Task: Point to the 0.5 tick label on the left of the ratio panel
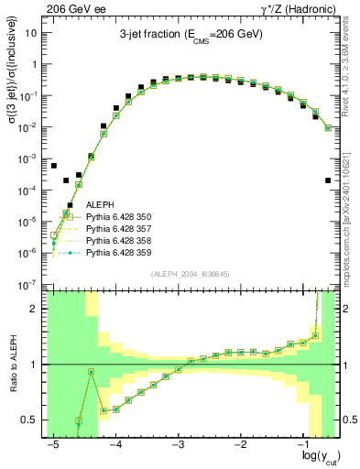pyautogui.click(x=31, y=420)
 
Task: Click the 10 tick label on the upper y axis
pyautogui.click(x=34, y=33)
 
